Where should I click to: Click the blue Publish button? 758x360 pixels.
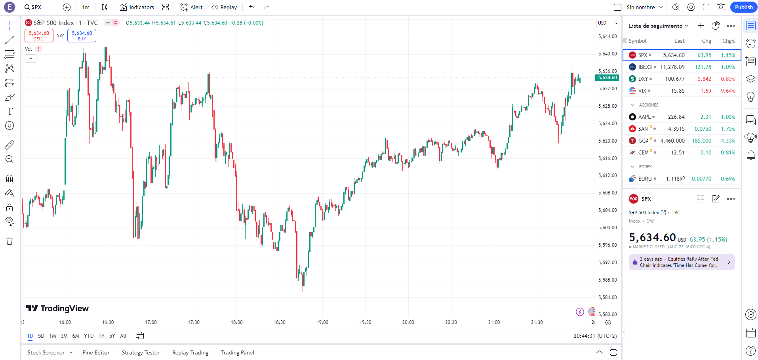point(743,7)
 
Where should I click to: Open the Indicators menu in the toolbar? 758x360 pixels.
point(137,7)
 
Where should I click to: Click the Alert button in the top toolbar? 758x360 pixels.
point(192,7)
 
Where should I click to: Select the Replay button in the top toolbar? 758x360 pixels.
point(224,7)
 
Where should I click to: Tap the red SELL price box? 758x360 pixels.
point(39,36)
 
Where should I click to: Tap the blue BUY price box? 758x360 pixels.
point(82,36)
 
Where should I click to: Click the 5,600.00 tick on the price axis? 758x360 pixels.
point(607,228)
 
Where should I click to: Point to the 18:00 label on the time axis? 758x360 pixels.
point(237,322)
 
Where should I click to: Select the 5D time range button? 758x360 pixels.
point(41,336)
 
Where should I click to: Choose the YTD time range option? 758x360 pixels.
point(89,336)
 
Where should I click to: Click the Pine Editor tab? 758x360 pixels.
point(96,352)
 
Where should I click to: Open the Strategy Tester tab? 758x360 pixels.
point(141,352)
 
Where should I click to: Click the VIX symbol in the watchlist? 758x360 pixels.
point(642,91)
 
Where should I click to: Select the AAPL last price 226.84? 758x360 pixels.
point(676,117)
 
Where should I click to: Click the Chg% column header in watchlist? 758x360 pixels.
point(728,41)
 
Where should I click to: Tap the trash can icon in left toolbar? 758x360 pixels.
point(10,241)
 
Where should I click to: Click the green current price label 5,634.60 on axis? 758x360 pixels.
point(607,78)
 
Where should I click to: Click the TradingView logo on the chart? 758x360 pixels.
point(57,309)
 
